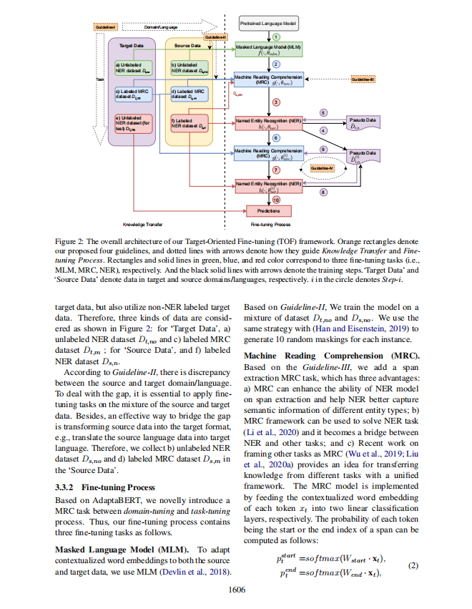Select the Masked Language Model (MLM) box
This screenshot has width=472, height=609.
[269, 49]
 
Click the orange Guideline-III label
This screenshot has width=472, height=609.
[368, 78]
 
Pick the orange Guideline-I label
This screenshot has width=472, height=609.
[104, 27]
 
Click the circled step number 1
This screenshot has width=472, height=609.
[276, 36]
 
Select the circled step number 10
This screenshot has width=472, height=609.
[276, 200]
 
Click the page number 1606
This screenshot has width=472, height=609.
[237, 589]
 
